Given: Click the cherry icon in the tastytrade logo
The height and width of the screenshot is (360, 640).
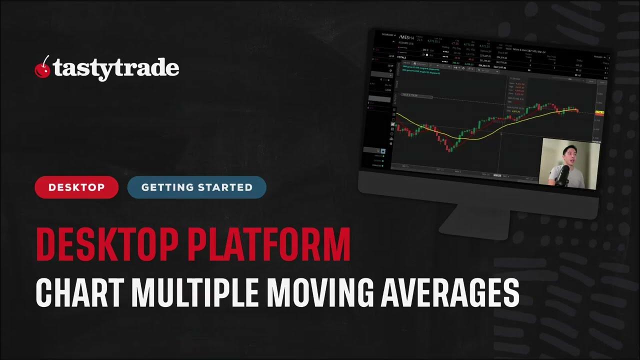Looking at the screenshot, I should (42, 68).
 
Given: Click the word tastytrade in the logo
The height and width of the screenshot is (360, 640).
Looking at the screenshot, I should (116, 68).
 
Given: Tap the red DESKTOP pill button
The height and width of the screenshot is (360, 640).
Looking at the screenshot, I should (76, 187).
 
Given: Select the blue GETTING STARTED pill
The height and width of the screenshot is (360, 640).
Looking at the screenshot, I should (196, 187).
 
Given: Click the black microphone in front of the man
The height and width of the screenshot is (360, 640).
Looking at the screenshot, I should (563, 175).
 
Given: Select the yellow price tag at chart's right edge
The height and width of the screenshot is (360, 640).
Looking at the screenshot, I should (599, 113).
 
